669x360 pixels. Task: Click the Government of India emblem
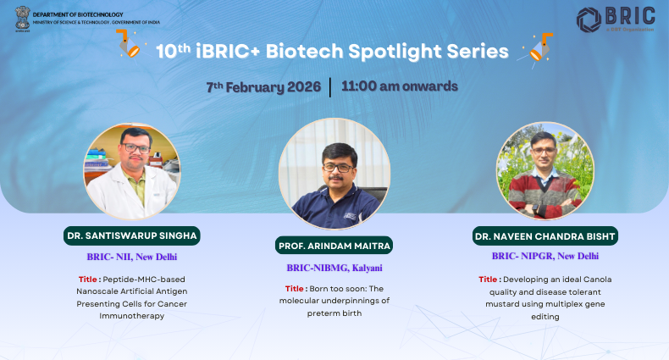pos(22,18)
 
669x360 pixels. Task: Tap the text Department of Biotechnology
pos(83,14)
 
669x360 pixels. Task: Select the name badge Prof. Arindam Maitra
pos(334,246)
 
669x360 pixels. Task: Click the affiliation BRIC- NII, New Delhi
pos(131,257)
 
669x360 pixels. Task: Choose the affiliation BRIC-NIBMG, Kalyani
pos(334,268)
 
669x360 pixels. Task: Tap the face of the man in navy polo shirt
pos(336,160)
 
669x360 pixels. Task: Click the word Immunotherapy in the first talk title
pos(131,315)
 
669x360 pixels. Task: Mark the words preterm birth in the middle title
pos(334,313)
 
